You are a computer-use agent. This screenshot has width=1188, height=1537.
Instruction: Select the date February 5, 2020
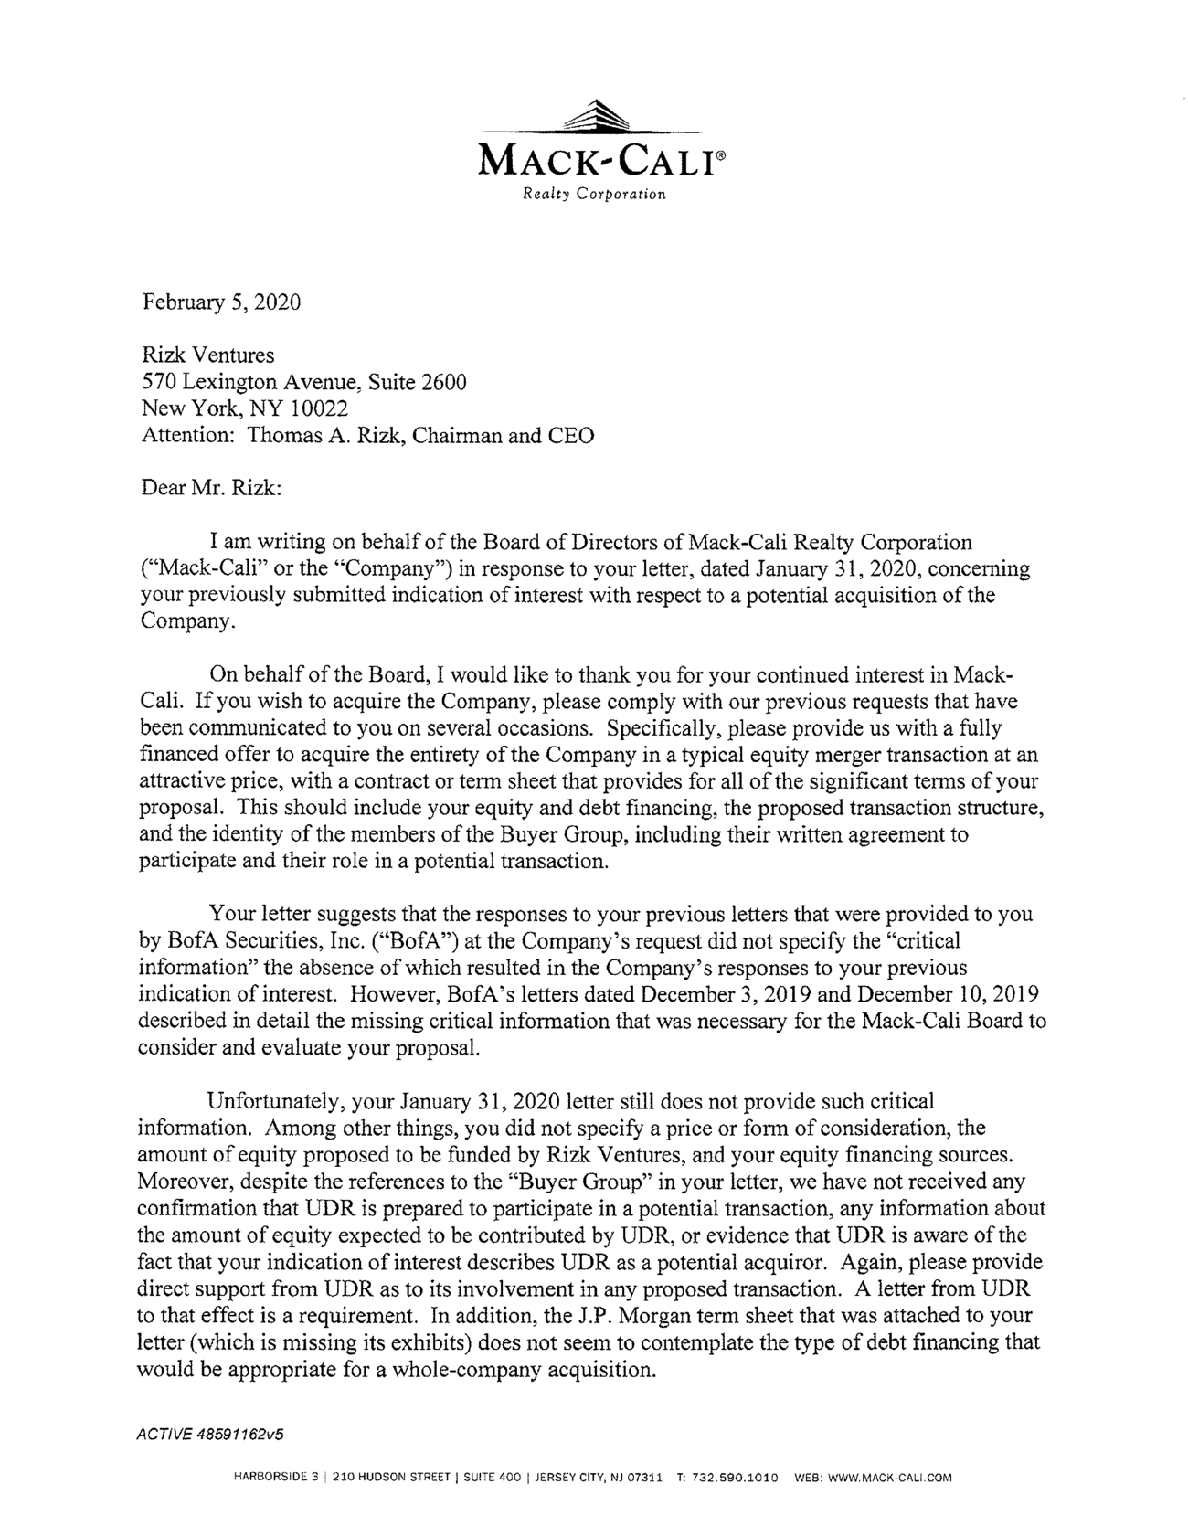[x=221, y=302]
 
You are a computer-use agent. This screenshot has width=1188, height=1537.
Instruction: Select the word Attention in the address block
[x=186, y=435]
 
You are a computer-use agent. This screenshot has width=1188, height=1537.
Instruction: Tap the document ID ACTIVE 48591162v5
[x=210, y=1434]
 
